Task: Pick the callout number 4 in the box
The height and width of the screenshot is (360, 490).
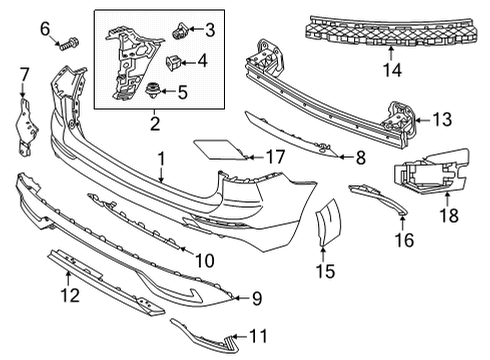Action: click(202, 62)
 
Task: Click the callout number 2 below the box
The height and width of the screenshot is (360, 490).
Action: click(155, 124)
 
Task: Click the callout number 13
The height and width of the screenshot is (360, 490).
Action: click(441, 119)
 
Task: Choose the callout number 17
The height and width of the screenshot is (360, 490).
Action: click(275, 156)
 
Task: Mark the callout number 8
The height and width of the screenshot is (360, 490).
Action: click(361, 156)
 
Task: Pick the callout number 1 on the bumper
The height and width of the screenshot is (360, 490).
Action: click(161, 157)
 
